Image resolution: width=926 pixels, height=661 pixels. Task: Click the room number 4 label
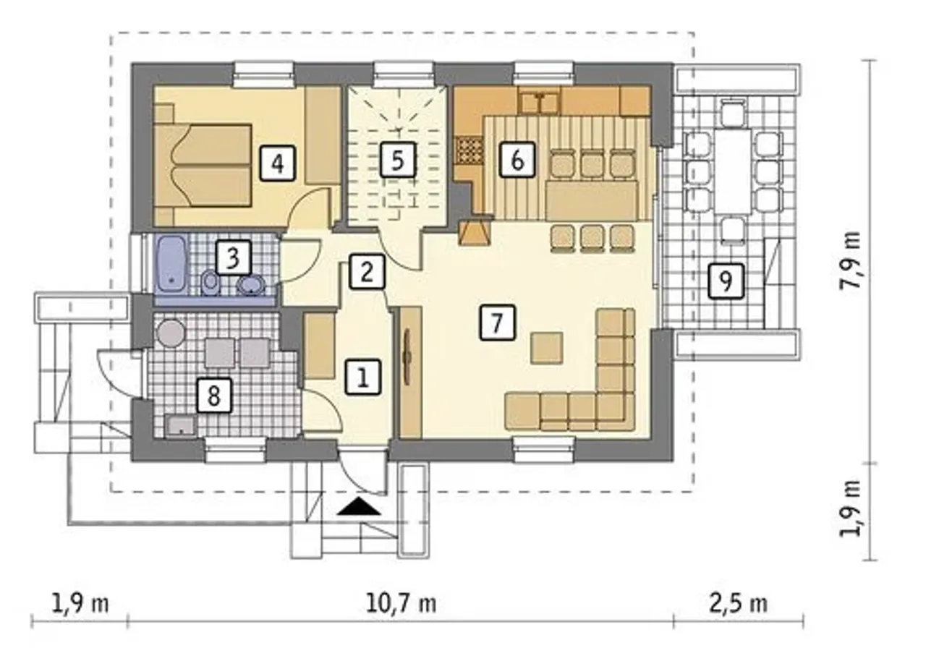278,163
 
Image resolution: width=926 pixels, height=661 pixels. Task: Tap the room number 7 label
498,323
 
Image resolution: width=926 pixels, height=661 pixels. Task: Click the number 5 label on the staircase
398,160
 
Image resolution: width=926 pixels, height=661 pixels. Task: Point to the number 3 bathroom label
233,257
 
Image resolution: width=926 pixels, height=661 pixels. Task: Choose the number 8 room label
213,396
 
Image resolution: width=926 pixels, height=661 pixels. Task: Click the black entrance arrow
358,506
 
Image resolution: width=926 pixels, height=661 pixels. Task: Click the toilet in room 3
211,283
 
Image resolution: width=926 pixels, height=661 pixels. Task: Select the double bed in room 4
203,165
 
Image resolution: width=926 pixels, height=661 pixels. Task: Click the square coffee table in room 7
547,347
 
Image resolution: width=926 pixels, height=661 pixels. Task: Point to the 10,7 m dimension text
401,604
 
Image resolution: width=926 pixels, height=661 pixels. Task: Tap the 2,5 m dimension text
739,604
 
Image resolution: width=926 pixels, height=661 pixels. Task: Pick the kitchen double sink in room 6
539,103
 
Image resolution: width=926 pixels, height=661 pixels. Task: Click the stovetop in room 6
470,152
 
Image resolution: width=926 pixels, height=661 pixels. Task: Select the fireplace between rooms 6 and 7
474,234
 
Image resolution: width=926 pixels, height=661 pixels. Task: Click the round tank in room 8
171,333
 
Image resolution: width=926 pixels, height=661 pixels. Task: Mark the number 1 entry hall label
362,378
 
